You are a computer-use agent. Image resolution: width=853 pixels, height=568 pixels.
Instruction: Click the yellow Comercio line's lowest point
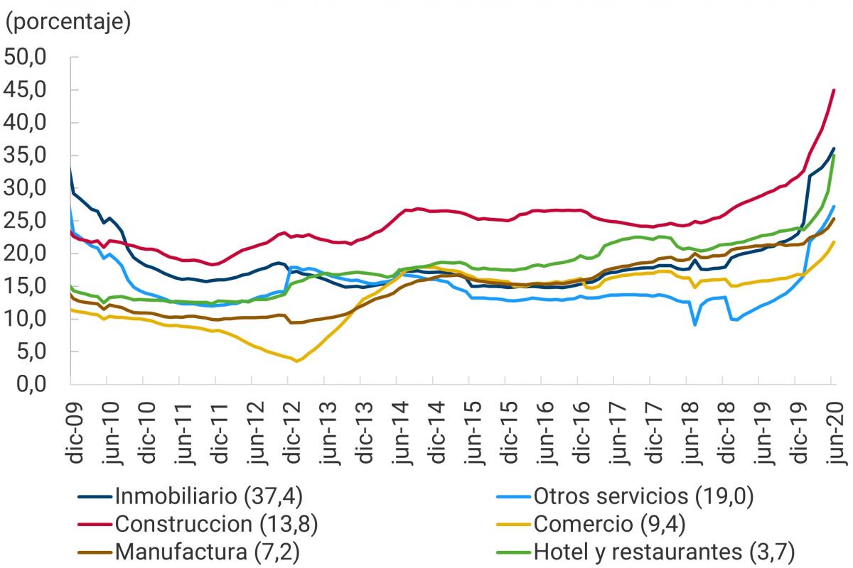point(297,361)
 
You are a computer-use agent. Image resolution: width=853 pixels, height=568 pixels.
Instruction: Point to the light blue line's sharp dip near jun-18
point(694,324)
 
